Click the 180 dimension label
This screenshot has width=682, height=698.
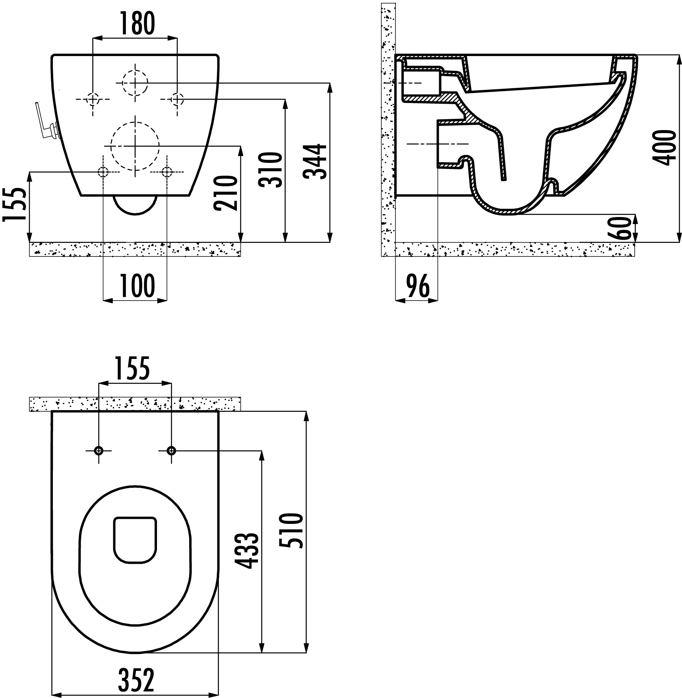pyautogui.click(x=135, y=23)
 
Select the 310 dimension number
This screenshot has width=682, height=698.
pyautogui.click(x=271, y=170)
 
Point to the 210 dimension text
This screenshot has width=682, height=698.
pyautogui.click(x=226, y=193)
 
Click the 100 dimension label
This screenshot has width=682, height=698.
pyautogui.click(x=135, y=286)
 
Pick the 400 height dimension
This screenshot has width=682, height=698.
pyautogui.click(x=664, y=147)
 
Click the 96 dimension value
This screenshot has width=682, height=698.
pyautogui.click(x=417, y=286)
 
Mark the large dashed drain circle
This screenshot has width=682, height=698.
pyautogui.click(x=135, y=146)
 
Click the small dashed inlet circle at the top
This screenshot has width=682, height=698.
pyautogui.click(x=135, y=83)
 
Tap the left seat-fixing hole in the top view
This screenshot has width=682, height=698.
pyautogui.click(x=99, y=450)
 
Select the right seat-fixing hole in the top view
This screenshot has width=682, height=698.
pyautogui.click(x=171, y=450)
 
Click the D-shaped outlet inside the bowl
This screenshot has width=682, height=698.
pyautogui.click(x=135, y=540)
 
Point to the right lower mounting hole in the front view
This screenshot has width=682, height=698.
pyautogui.click(x=167, y=172)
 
